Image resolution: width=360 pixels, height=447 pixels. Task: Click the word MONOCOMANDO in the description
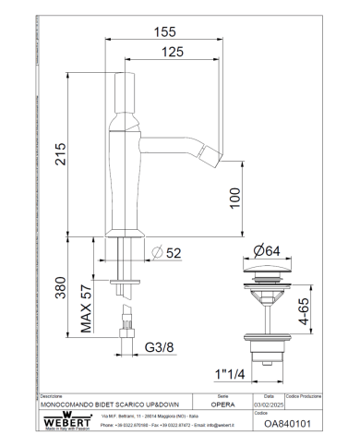(x=70, y=405)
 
